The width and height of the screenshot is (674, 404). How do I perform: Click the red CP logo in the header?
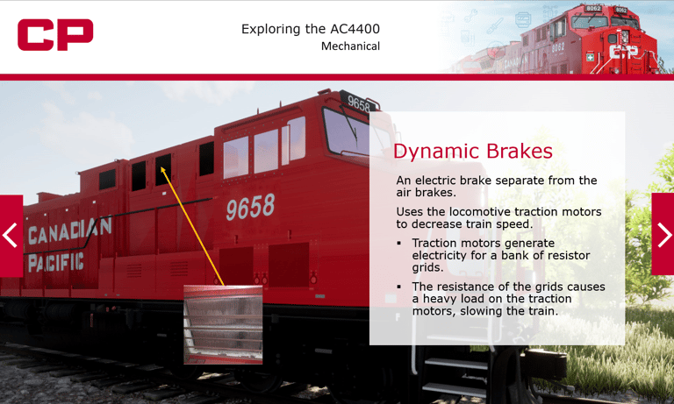pyautogui.click(x=55, y=34)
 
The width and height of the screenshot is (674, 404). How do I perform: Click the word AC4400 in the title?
pyautogui.click(x=355, y=29)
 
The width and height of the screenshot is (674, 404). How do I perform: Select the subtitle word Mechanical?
pyautogui.click(x=350, y=46)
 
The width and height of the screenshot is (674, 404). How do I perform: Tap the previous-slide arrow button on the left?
pyautogui.click(x=11, y=236)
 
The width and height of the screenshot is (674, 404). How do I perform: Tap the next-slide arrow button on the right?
pyautogui.click(x=663, y=234)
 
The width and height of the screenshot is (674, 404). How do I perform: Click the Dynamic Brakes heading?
pyautogui.click(x=473, y=151)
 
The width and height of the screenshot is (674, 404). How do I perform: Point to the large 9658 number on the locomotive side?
pyautogui.click(x=250, y=207)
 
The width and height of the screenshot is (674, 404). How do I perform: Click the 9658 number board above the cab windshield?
pyautogui.click(x=358, y=103)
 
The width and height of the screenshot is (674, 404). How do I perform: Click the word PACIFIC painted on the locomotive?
pyautogui.click(x=56, y=262)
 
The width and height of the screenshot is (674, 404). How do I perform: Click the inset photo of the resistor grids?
pyautogui.click(x=223, y=324)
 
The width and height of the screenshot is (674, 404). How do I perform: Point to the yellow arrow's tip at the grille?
pyautogui.click(x=161, y=167)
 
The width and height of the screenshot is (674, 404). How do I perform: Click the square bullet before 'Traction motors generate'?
pyautogui.click(x=399, y=243)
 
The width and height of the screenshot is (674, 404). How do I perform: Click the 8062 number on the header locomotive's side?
pyautogui.click(x=557, y=47)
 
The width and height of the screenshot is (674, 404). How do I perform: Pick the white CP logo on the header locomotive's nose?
pyautogui.click(x=624, y=52)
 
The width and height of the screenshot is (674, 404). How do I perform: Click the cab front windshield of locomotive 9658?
pyautogui.click(x=345, y=131)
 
